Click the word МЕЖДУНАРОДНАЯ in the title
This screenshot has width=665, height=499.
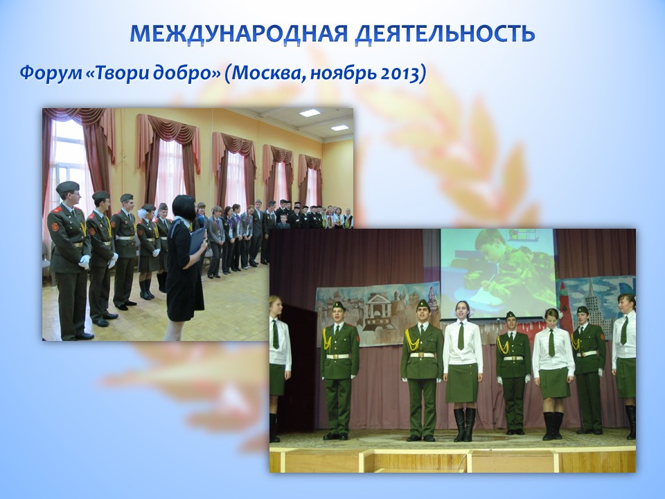tap(239, 33)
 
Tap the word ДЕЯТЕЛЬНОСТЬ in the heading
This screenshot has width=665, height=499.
tap(445, 33)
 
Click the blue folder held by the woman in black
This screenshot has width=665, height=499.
tap(197, 240)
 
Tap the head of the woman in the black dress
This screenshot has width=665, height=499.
tap(184, 207)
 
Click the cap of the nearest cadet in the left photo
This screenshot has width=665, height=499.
tap(67, 186)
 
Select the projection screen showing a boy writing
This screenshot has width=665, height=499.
tap(497, 273)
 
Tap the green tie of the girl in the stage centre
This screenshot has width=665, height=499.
tap(461, 335)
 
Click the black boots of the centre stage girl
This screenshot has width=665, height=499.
tap(464, 424)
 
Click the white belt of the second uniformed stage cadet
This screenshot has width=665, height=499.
tap(423, 355)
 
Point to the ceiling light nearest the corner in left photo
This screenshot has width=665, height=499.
tap(339, 128)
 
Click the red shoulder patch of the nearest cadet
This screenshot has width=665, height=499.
tap(54, 227)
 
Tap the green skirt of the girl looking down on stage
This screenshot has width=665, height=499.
tap(554, 383)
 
